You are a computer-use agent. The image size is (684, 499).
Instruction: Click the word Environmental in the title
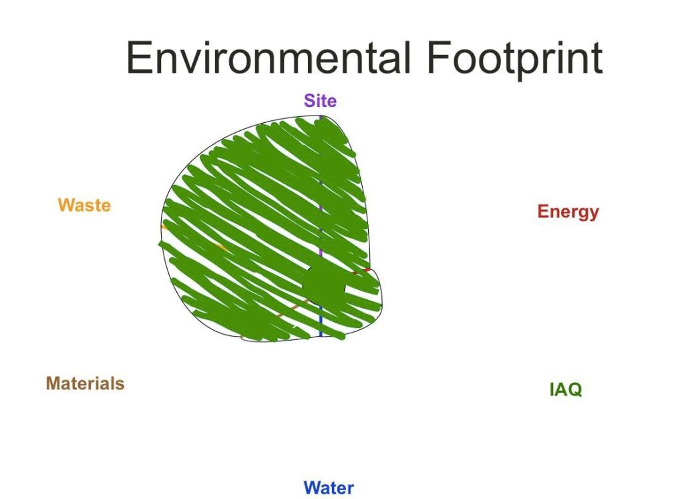point(269,57)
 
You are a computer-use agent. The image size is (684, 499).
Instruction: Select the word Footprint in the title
point(515,61)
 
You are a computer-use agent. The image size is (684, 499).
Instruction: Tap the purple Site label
point(320,101)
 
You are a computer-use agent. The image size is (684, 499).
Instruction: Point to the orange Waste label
point(84,205)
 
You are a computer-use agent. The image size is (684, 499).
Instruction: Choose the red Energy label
point(568,212)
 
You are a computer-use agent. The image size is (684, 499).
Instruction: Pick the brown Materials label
point(85,383)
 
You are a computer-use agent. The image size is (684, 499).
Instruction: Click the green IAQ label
point(566,389)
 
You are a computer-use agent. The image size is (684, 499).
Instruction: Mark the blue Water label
point(329,488)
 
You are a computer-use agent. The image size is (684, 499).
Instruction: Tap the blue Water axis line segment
point(321,321)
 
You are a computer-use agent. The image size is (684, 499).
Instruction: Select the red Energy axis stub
point(361,271)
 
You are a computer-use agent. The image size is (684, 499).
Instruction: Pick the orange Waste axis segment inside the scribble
point(219,247)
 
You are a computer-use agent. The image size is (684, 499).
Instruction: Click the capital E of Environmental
point(138,57)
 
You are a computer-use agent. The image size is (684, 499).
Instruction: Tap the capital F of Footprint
point(438,57)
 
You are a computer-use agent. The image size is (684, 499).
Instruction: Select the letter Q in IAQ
point(574,390)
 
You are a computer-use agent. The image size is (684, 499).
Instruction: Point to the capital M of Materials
point(53,383)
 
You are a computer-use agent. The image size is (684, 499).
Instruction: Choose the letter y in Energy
point(593,214)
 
